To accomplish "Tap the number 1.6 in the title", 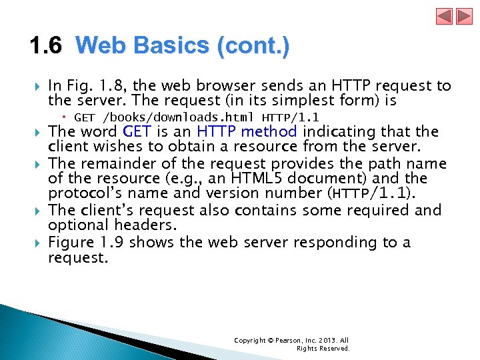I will [x=45, y=46].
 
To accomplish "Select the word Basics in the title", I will [x=171, y=46].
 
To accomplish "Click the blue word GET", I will [x=138, y=132].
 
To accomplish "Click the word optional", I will [x=75, y=225].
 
